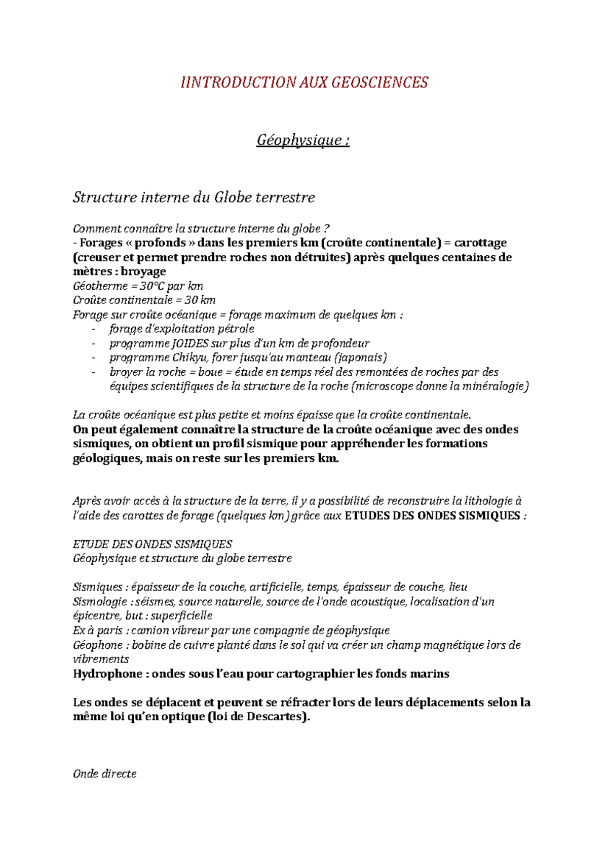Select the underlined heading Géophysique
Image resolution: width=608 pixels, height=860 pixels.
click(x=302, y=140)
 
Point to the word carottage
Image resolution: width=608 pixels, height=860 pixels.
click(x=480, y=243)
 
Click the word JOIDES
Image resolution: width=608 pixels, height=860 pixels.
click(x=191, y=343)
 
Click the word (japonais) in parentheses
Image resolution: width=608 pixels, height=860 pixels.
click(x=363, y=358)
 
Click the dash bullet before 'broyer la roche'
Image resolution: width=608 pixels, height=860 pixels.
click(x=93, y=372)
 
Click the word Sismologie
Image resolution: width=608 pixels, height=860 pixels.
click(x=100, y=602)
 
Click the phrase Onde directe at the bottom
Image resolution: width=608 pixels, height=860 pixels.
click(x=105, y=774)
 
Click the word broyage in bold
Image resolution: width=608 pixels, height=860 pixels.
click(x=143, y=271)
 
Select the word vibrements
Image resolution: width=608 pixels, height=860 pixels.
click(x=101, y=659)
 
